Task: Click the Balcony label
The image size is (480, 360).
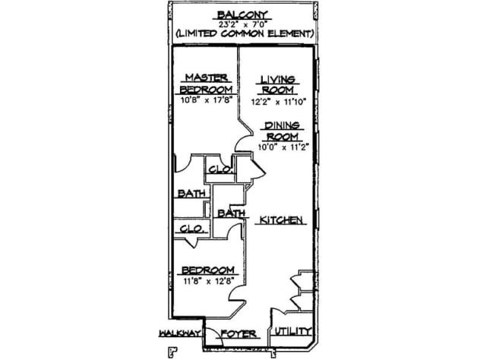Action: (240, 14)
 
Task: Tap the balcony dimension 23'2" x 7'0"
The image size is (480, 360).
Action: (240, 24)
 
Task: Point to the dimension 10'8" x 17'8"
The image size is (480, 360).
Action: (207, 99)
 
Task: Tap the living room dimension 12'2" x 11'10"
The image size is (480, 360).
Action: (278, 99)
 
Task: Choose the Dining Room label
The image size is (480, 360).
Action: (281, 130)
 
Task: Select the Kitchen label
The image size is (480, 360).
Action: (283, 220)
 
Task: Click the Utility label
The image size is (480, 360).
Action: (292, 331)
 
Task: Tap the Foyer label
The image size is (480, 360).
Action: (242, 334)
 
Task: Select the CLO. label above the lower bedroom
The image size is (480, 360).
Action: (191, 228)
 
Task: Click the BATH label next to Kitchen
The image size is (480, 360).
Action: (230, 214)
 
